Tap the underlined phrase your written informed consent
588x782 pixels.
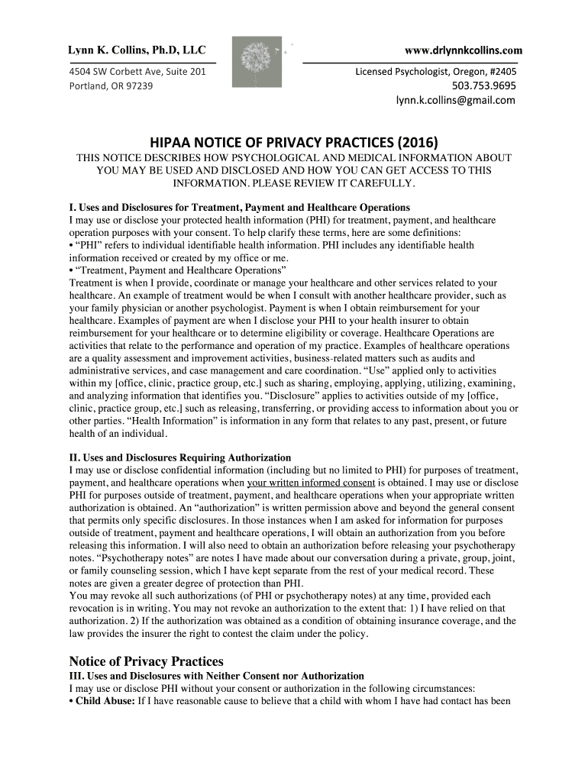[x=311, y=483]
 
